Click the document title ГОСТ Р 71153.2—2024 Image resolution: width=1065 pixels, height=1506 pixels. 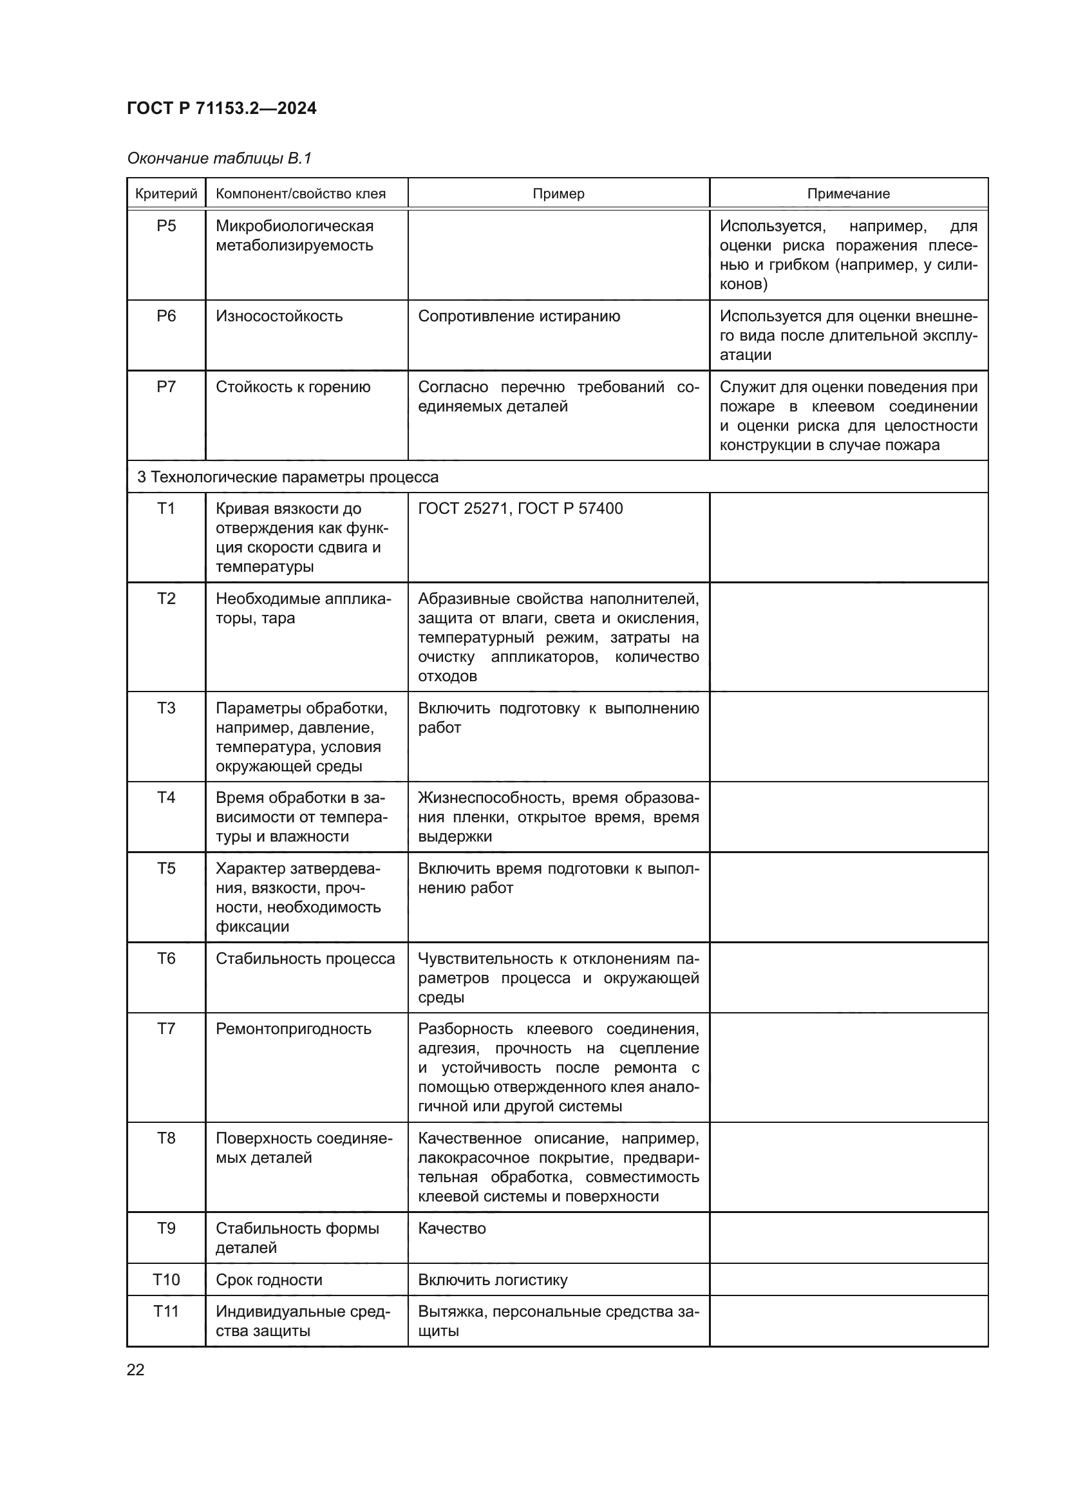click(x=221, y=108)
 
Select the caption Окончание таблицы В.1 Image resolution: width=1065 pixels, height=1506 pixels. click(x=219, y=158)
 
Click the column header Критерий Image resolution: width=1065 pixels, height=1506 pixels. click(x=166, y=194)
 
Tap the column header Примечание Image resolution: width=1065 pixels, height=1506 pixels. click(x=848, y=194)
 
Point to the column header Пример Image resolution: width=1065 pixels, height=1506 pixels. click(x=558, y=194)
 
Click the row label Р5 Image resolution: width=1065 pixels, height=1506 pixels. click(x=166, y=226)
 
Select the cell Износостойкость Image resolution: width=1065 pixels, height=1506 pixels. click(x=279, y=316)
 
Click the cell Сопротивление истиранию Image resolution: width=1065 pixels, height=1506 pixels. click(x=519, y=316)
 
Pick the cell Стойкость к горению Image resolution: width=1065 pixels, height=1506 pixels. click(x=292, y=387)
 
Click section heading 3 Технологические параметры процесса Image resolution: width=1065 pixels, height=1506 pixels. click(x=287, y=477)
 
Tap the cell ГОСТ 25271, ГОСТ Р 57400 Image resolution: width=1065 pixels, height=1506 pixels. click(x=520, y=509)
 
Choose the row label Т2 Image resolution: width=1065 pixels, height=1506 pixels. click(x=166, y=598)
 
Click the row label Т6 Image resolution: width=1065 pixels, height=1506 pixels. click(x=166, y=958)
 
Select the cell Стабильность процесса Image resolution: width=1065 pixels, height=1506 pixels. click(x=305, y=958)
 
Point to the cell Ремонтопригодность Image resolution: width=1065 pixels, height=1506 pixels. click(x=293, y=1028)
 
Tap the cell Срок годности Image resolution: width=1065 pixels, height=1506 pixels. click(x=269, y=1280)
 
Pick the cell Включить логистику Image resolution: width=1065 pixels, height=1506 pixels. click(x=493, y=1280)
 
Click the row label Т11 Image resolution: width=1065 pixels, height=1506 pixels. click(x=166, y=1312)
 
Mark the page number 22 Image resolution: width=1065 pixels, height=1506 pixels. click(x=135, y=1370)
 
